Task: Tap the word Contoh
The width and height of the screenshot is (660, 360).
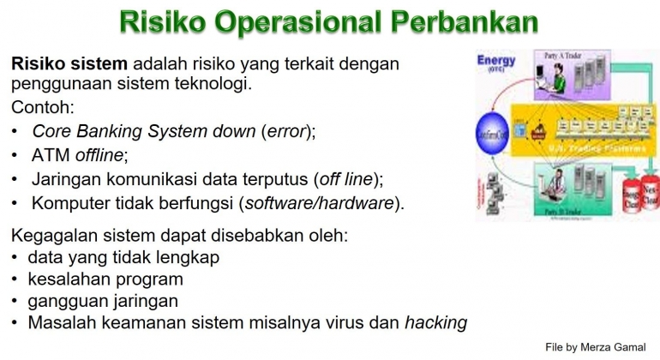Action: tap(42, 108)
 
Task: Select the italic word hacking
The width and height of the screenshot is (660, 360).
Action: tap(435, 323)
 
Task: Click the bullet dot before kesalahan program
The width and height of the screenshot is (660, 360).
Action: tap(15, 279)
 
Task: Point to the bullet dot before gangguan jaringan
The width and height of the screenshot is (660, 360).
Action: tap(15, 301)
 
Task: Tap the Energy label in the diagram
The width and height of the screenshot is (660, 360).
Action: tap(496, 62)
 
